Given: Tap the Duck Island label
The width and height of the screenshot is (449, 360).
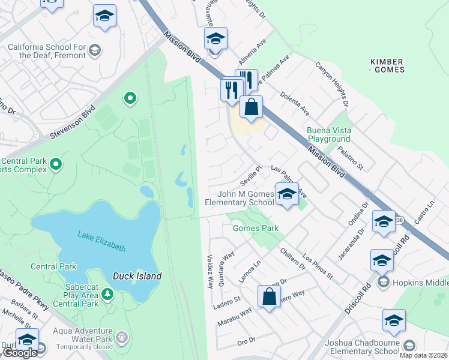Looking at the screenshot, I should [137, 276].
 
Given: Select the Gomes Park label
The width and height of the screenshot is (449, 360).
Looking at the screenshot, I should [255, 228].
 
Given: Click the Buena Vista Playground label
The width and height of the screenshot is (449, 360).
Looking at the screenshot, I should [328, 134].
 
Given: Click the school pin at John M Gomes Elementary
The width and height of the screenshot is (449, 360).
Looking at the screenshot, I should [287, 194].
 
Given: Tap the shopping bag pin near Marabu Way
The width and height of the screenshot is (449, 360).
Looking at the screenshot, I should [270, 296].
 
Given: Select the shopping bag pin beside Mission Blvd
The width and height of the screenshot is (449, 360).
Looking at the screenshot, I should [252, 107].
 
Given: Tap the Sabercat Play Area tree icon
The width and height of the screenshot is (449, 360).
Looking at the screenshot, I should [107, 294].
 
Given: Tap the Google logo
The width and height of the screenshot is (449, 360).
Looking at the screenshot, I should [20, 353].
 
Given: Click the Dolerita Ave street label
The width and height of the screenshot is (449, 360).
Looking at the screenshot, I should [295, 103].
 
